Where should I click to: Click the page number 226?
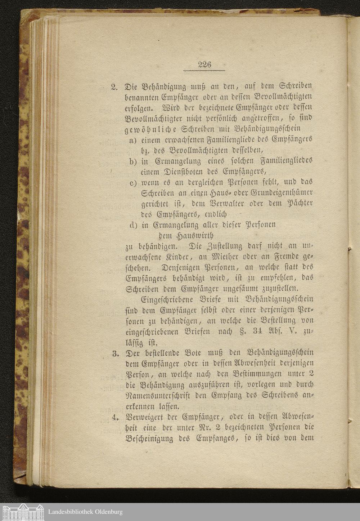(x=204, y=65)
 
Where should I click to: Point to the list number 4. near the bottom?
(x=115, y=418)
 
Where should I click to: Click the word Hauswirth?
(x=194, y=236)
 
